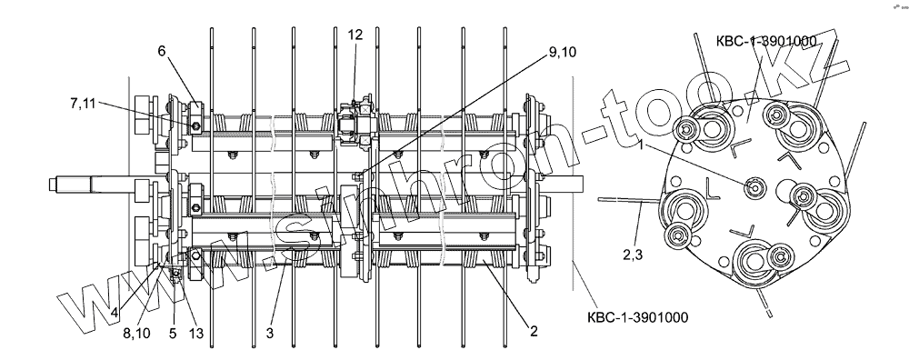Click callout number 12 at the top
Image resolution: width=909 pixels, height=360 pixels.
(355, 35)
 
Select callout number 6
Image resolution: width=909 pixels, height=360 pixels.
(161, 51)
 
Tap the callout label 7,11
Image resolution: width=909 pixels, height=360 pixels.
(84, 104)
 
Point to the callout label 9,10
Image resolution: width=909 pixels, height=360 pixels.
(562, 52)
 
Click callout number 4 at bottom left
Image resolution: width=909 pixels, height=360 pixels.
(115, 313)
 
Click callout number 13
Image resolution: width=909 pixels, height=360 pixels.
(196, 333)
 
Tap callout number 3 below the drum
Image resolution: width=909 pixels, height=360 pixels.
(270, 333)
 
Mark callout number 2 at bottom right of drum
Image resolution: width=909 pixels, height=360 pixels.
(534, 331)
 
